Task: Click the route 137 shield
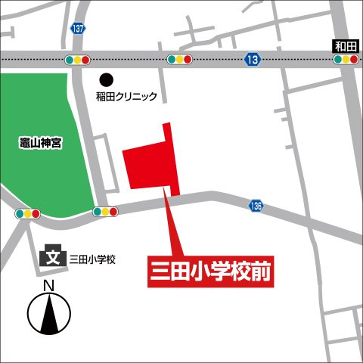click(x=79, y=28)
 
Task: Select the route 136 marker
click(x=256, y=206)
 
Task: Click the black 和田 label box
click(x=345, y=45)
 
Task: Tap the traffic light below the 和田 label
click(x=345, y=59)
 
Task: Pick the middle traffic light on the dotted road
click(x=180, y=59)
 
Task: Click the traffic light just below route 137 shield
click(x=78, y=59)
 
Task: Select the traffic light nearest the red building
click(x=105, y=212)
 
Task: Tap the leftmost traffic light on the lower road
click(x=26, y=214)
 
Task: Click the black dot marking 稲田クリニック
click(x=107, y=79)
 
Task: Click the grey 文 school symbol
click(x=53, y=258)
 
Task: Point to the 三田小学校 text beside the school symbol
click(x=92, y=259)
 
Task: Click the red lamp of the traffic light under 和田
click(x=354, y=59)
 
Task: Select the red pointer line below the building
click(x=172, y=227)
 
